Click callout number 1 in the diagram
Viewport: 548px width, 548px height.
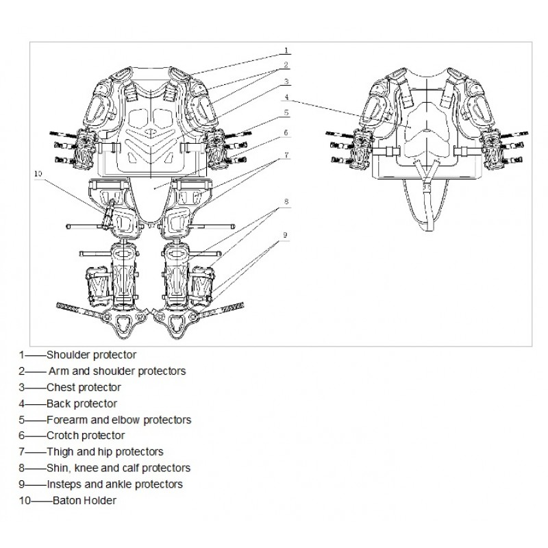pos(286,51)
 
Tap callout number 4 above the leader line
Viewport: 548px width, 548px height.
pos(286,97)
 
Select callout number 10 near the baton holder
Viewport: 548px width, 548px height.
pos(38,174)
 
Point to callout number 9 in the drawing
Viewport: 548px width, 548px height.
pos(285,235)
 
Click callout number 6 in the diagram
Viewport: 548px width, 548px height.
pos(286,133)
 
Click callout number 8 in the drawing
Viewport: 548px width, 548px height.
pos(286,201)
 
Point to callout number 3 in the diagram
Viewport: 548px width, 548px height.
pos(286,82)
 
